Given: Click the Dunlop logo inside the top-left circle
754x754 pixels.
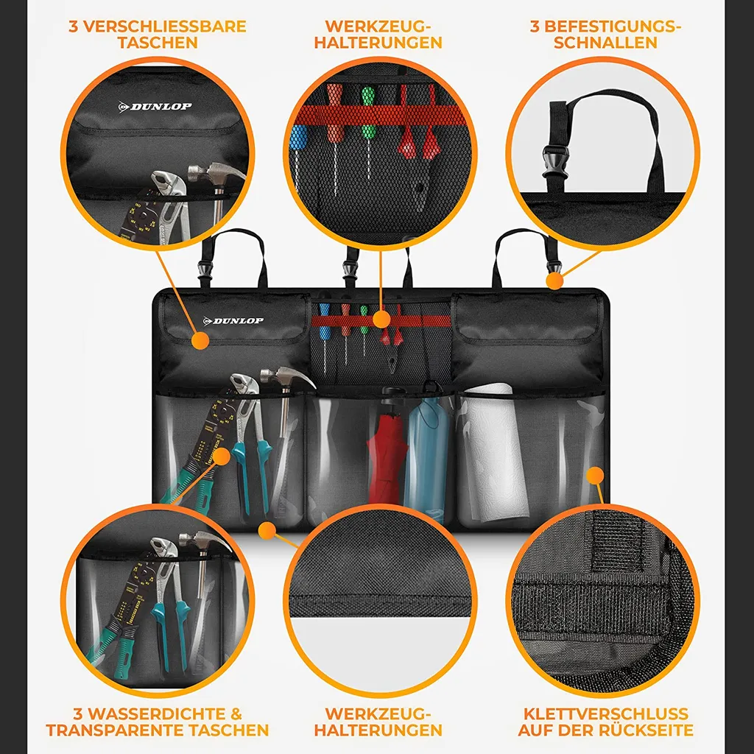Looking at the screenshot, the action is pos(155,106).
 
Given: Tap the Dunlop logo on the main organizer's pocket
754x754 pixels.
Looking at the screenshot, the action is pos(233,321).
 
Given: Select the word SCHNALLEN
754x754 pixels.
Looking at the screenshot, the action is pos(605,42).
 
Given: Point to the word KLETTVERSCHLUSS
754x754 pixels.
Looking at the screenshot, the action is pos(606,714).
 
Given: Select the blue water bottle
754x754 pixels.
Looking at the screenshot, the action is pos(427,452).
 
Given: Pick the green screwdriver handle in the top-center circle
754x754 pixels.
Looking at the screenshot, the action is pos(368,113).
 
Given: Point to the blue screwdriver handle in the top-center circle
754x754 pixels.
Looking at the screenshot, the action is pos(297,138).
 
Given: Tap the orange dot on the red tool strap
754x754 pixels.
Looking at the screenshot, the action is pos(381,320).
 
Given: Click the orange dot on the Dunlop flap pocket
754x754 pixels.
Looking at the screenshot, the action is pos(200,340).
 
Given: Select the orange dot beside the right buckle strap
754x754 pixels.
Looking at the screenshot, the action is pos(554,281).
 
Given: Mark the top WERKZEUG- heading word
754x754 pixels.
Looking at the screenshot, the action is pos(378,26).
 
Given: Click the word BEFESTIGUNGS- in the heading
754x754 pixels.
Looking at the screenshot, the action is pos(605,26).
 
